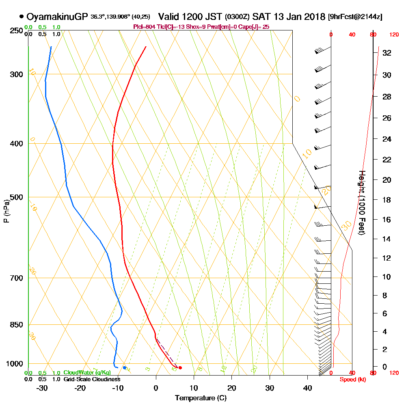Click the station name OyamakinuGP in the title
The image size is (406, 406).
click(57, 17)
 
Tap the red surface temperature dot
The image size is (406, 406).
click(180, 368)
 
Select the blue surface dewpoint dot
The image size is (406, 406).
click(125, 368)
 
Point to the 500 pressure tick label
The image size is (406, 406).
click(15, 197)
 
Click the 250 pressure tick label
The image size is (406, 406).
click(15, 31)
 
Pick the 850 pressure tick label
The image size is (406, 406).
click(15, 325)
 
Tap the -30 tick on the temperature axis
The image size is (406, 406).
click(42, 388)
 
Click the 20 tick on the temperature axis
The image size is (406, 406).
click(232, 388)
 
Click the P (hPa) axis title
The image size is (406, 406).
click(6, 211)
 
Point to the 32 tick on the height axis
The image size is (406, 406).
click(387, 53)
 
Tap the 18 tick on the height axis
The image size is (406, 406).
click(387, 200)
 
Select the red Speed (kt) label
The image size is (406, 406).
click(351, 380)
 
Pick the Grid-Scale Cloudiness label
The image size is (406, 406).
click(92, 379)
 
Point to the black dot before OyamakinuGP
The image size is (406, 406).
click(21, 17)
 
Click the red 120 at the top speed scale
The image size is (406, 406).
click(394, 35)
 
